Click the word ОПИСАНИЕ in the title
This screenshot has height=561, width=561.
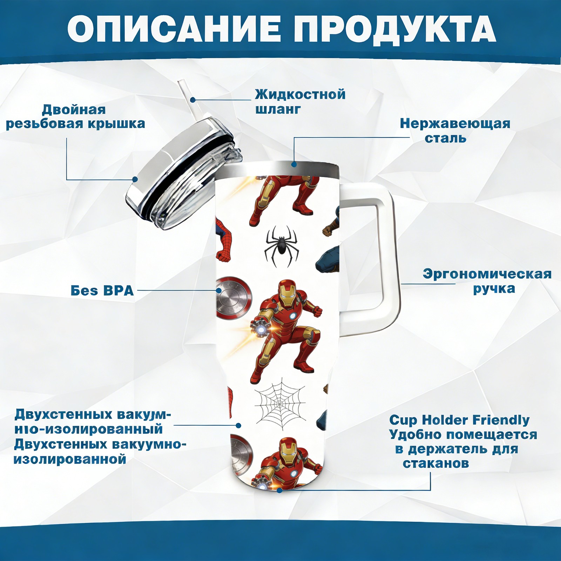tap(174, 29)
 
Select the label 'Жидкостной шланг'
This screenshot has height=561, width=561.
tap(300, 102)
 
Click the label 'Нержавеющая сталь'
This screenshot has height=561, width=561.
tap(455, 130)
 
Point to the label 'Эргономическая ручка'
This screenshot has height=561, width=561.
tap(487, 281)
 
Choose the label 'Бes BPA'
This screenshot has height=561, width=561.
tap(102, 291)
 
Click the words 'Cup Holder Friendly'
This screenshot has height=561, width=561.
tap(459, 420)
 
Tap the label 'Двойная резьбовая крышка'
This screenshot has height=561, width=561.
tap(75, 117)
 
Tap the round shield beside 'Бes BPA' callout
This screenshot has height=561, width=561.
tap(234, 298)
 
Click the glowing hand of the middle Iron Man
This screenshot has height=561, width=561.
tap(261, 328)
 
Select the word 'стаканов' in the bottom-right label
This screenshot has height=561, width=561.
tap(435, 463)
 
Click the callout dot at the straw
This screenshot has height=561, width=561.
tap(193, 100)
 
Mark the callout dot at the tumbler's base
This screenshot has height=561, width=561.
tap(279, 490)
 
